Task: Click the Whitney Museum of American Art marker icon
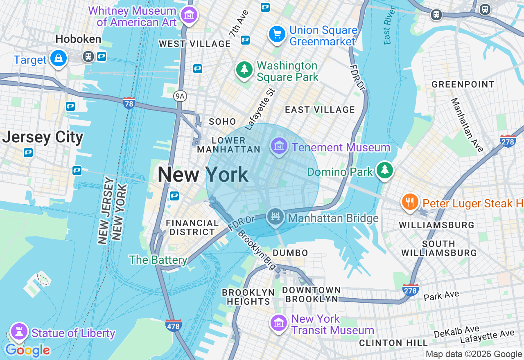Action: (189, 16)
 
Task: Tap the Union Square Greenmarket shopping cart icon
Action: (277, 34)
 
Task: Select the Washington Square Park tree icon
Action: (244, 70)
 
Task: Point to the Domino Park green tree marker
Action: (384, 170)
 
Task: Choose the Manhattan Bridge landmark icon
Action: (275, 217)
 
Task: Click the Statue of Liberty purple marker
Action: (18, 332)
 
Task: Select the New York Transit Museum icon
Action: (279, 323)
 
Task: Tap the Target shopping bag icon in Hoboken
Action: (59, 59)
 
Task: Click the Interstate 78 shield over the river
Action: (129, 103)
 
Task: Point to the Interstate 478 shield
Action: (174, 325)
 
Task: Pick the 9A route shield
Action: (180, 96)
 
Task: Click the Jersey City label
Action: (43, 137)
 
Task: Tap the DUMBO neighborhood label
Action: (290, 253)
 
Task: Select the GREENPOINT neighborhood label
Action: (463, 84)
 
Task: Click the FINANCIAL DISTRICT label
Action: (192, 227)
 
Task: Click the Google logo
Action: (27, 350)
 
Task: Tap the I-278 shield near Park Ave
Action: (411, 290)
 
